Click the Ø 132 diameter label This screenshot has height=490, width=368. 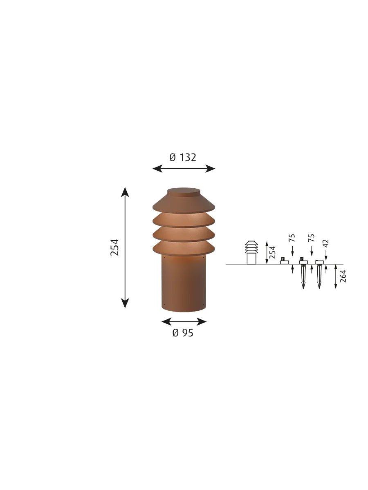point(183,157)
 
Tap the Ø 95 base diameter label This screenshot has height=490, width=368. point(183,333)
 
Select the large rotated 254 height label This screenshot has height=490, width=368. point(114,247)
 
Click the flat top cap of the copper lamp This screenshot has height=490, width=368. point(184,192)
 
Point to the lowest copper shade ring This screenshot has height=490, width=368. point(184,248)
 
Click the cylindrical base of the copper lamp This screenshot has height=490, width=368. point(184,283)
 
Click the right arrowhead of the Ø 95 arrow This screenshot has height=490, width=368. point(201,322)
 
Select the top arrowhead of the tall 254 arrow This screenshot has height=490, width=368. point(125,192)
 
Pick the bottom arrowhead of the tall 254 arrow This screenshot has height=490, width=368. point(125,303)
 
